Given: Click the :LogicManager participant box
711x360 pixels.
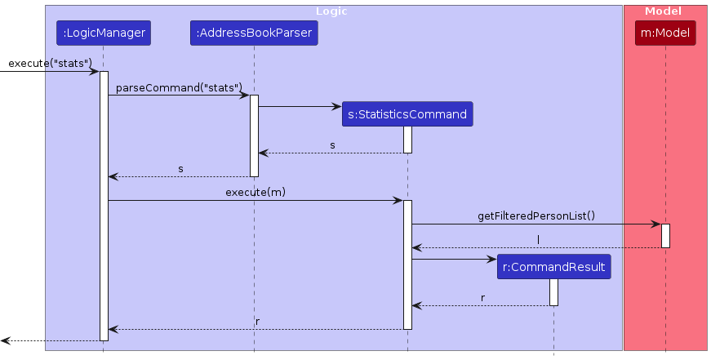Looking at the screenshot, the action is tap(104, 33).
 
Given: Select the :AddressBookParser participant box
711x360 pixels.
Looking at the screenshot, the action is tap(254, 33).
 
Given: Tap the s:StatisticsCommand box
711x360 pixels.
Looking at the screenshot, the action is tap(407, 114).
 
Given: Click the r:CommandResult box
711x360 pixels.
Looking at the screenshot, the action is tap(553, 267).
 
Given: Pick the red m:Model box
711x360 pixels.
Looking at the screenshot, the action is tap(665, 33).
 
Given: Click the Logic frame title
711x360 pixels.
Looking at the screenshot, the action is tap(331, 11).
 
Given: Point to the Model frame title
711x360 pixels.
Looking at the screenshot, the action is tap(663, 11).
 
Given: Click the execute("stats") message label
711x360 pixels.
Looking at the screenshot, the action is tap(51, 64).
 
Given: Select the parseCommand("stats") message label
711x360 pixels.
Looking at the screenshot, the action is tap(179, 88).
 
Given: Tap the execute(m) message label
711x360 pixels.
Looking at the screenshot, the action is tap(256, 192).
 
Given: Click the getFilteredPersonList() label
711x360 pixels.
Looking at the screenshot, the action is tap(536, 216).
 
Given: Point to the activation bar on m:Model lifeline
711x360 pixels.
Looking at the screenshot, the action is tap(665, 236).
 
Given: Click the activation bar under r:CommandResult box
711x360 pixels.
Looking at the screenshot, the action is tap(553, 292).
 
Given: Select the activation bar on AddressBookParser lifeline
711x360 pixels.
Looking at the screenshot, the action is tap(254, 136).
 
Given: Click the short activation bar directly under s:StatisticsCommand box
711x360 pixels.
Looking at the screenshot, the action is tap(407, 140).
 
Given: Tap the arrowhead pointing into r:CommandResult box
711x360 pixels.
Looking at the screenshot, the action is tap(492, 260).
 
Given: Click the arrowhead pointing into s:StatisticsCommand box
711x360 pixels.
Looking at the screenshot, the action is tap(337, 107).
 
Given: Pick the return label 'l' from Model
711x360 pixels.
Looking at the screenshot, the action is tap(538, 240).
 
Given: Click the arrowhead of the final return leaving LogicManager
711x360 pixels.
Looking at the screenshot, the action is tap(5, 340).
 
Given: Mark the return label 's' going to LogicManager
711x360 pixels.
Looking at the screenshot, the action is tap(180, 169).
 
